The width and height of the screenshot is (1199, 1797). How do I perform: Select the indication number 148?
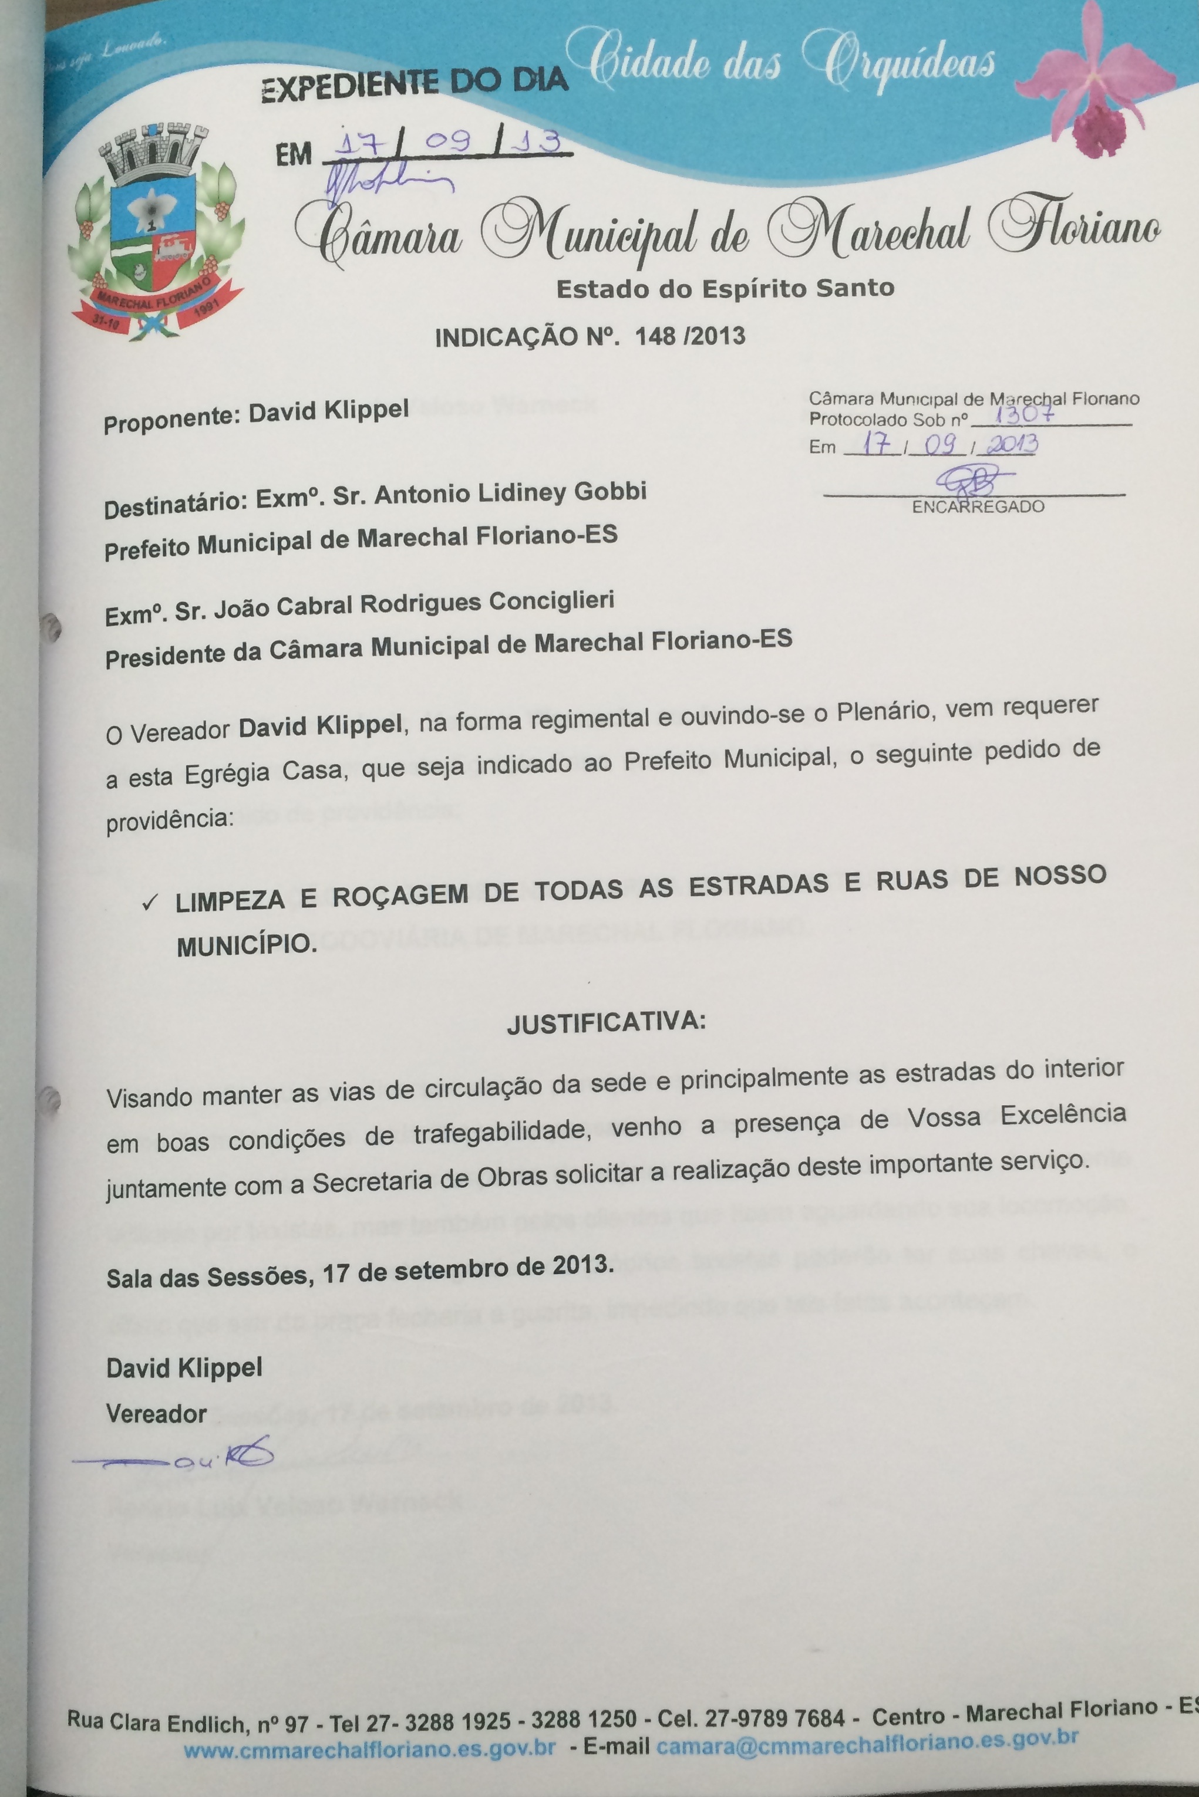click(655, 336)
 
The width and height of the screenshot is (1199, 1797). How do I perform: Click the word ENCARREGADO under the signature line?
click(978, 507)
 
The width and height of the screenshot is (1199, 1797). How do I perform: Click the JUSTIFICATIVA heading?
click(607, 1021)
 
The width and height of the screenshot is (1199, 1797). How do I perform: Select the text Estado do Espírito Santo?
click(725, 289)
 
